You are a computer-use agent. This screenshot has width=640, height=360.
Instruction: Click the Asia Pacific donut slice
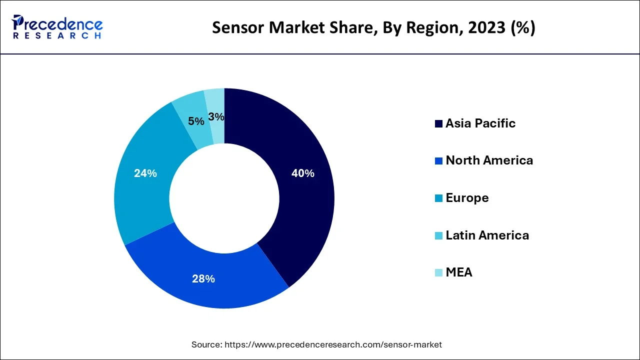click(x=305, y=200)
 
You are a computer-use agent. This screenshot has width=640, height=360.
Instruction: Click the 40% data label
click(x=303, y=173)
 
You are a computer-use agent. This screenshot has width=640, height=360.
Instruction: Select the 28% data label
click(x=203, y=279)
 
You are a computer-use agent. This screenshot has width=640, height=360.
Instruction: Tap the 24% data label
click(x=145, y=173)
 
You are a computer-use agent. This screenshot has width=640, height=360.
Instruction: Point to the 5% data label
click(x=196, y=121)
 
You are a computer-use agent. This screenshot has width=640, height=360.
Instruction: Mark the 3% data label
click(x=216, y=117)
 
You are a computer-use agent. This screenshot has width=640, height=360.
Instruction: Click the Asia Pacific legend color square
click(x=438, y=123)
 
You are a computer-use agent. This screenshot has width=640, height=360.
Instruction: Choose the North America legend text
click(x=489, y=160)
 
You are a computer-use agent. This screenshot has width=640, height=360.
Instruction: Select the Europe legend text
click(x=467, y=198)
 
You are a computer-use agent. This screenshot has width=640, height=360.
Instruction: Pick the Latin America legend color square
click(x=438, y=235)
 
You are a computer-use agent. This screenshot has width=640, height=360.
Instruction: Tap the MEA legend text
click(x=459, y=272)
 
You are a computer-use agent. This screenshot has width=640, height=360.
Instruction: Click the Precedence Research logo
click(x=57, y=27)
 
